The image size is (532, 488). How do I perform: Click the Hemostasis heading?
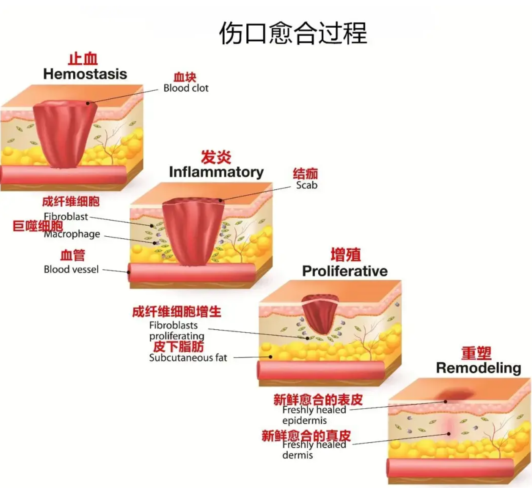point(85,74)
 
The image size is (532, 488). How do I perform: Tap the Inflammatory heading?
point(216,172)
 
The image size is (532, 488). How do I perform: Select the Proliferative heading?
point(345,271)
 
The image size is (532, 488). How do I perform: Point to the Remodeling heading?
point(479,368)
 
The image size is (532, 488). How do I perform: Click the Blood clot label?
point(186,88)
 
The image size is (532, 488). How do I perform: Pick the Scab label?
point(307,185)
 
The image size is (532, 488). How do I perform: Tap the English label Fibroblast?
point(66,217)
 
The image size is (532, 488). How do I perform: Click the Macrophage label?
point(72,234)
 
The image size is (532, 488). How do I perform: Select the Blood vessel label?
point(71,269)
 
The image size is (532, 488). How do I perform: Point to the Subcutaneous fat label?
point(188,358)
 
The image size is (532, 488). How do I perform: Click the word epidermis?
point(304,420)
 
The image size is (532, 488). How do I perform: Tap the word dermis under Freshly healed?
point(298,455)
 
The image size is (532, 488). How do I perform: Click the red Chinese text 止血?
point(83,59)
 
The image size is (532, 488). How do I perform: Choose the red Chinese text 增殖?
point(346,255)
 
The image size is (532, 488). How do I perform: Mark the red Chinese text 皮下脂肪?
point(178,346)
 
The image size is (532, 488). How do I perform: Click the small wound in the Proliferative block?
point(320,313)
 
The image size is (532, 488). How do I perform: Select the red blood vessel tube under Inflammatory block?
point(191,272)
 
